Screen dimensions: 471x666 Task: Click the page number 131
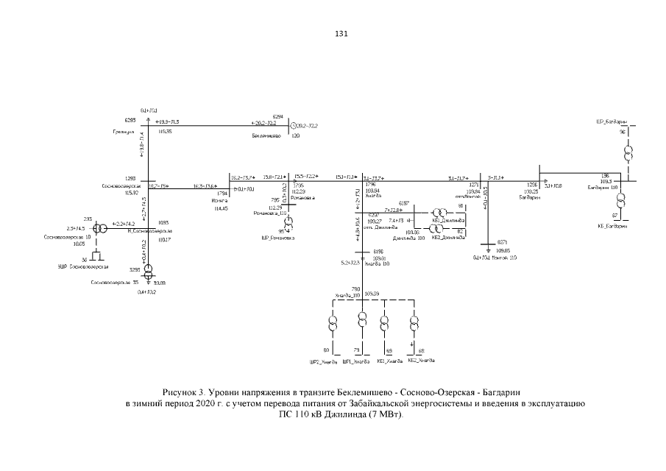click(340, 34)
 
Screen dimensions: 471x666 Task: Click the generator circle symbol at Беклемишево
click(293, 126)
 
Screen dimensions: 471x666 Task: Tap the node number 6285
click(130, 119)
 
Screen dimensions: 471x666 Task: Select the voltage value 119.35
click(165, 132)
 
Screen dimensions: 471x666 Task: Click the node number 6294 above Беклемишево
click(277, 116)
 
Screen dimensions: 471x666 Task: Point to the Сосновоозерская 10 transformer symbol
click(101, 230)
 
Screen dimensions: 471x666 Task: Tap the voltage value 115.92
click(130, 193)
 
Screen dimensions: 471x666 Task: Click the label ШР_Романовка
click(284, 238)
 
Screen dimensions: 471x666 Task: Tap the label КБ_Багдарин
click(612, 227)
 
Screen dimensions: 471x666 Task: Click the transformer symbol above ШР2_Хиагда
click(333, 322)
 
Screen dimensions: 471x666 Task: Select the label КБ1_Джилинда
click(447, 221)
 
